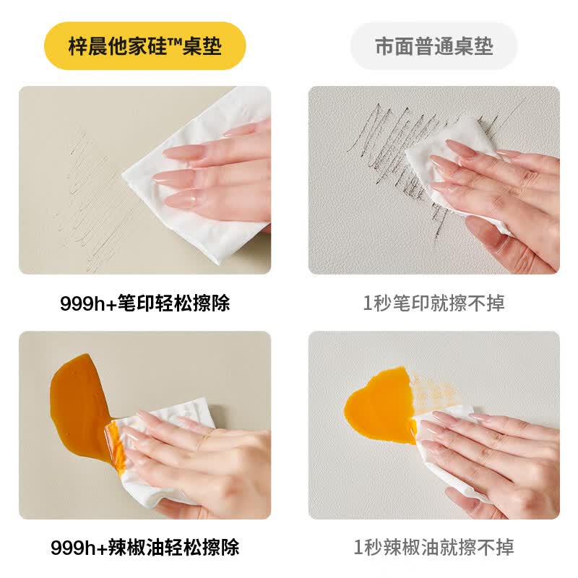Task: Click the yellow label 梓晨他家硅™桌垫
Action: [x=145, y=46]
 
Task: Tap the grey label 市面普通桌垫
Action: [x=434, y=46]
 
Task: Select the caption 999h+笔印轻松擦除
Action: [x=145, y=303]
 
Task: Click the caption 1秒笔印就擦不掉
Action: [x=434, y=303]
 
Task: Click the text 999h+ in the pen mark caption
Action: [x=88, y=303]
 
